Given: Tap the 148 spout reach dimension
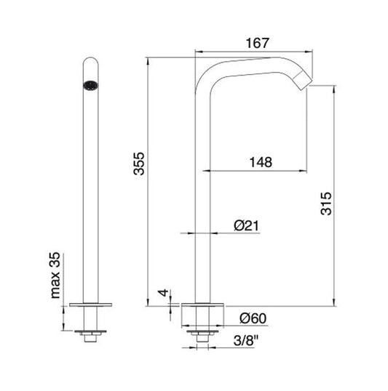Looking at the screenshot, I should point(258,162).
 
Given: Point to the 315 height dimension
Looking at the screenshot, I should point(325,206).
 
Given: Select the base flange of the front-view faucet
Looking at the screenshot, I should point(92,305).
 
